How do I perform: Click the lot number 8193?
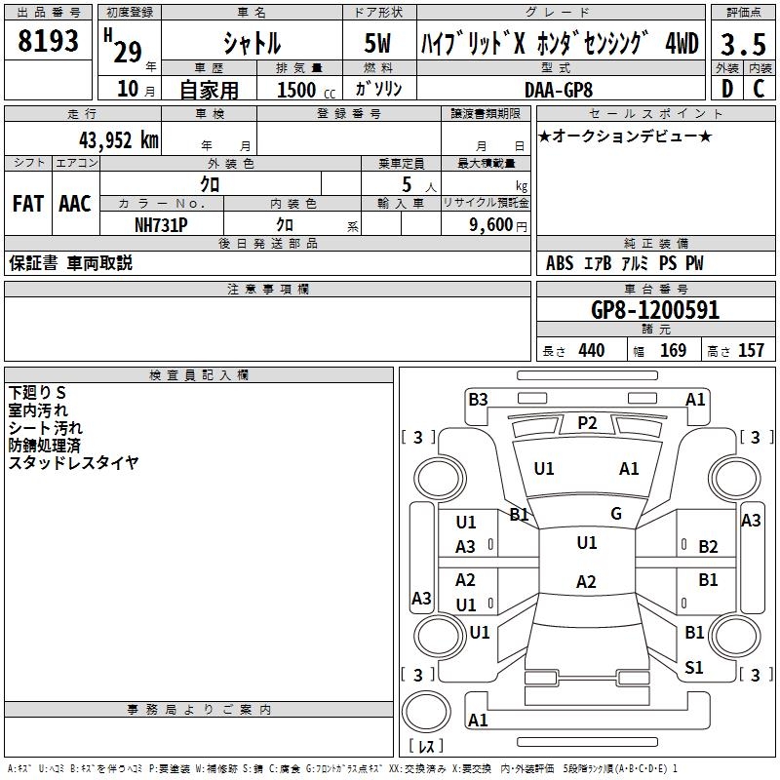(48, 40)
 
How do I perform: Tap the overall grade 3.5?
(743, 44)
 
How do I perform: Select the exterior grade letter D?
(727, 89)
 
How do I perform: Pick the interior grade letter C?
(759, 89)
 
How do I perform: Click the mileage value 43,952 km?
(118, 140)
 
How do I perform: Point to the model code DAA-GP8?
(559, 90)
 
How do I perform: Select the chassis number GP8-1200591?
(655, 310)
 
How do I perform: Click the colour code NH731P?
(161, 225)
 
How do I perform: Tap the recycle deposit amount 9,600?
(490, 224)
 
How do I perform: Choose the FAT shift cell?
(28, 204)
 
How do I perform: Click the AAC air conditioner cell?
(75, 204)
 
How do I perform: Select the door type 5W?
(377, 43)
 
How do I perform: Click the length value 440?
(592, 350)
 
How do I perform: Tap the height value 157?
(751, 350)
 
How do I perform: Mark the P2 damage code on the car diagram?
(587, 423)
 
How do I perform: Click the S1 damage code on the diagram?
(694, 667)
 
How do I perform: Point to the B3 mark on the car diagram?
(478, 399)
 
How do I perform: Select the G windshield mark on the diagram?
(616, 513)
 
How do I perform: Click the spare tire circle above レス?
(426, 713)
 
